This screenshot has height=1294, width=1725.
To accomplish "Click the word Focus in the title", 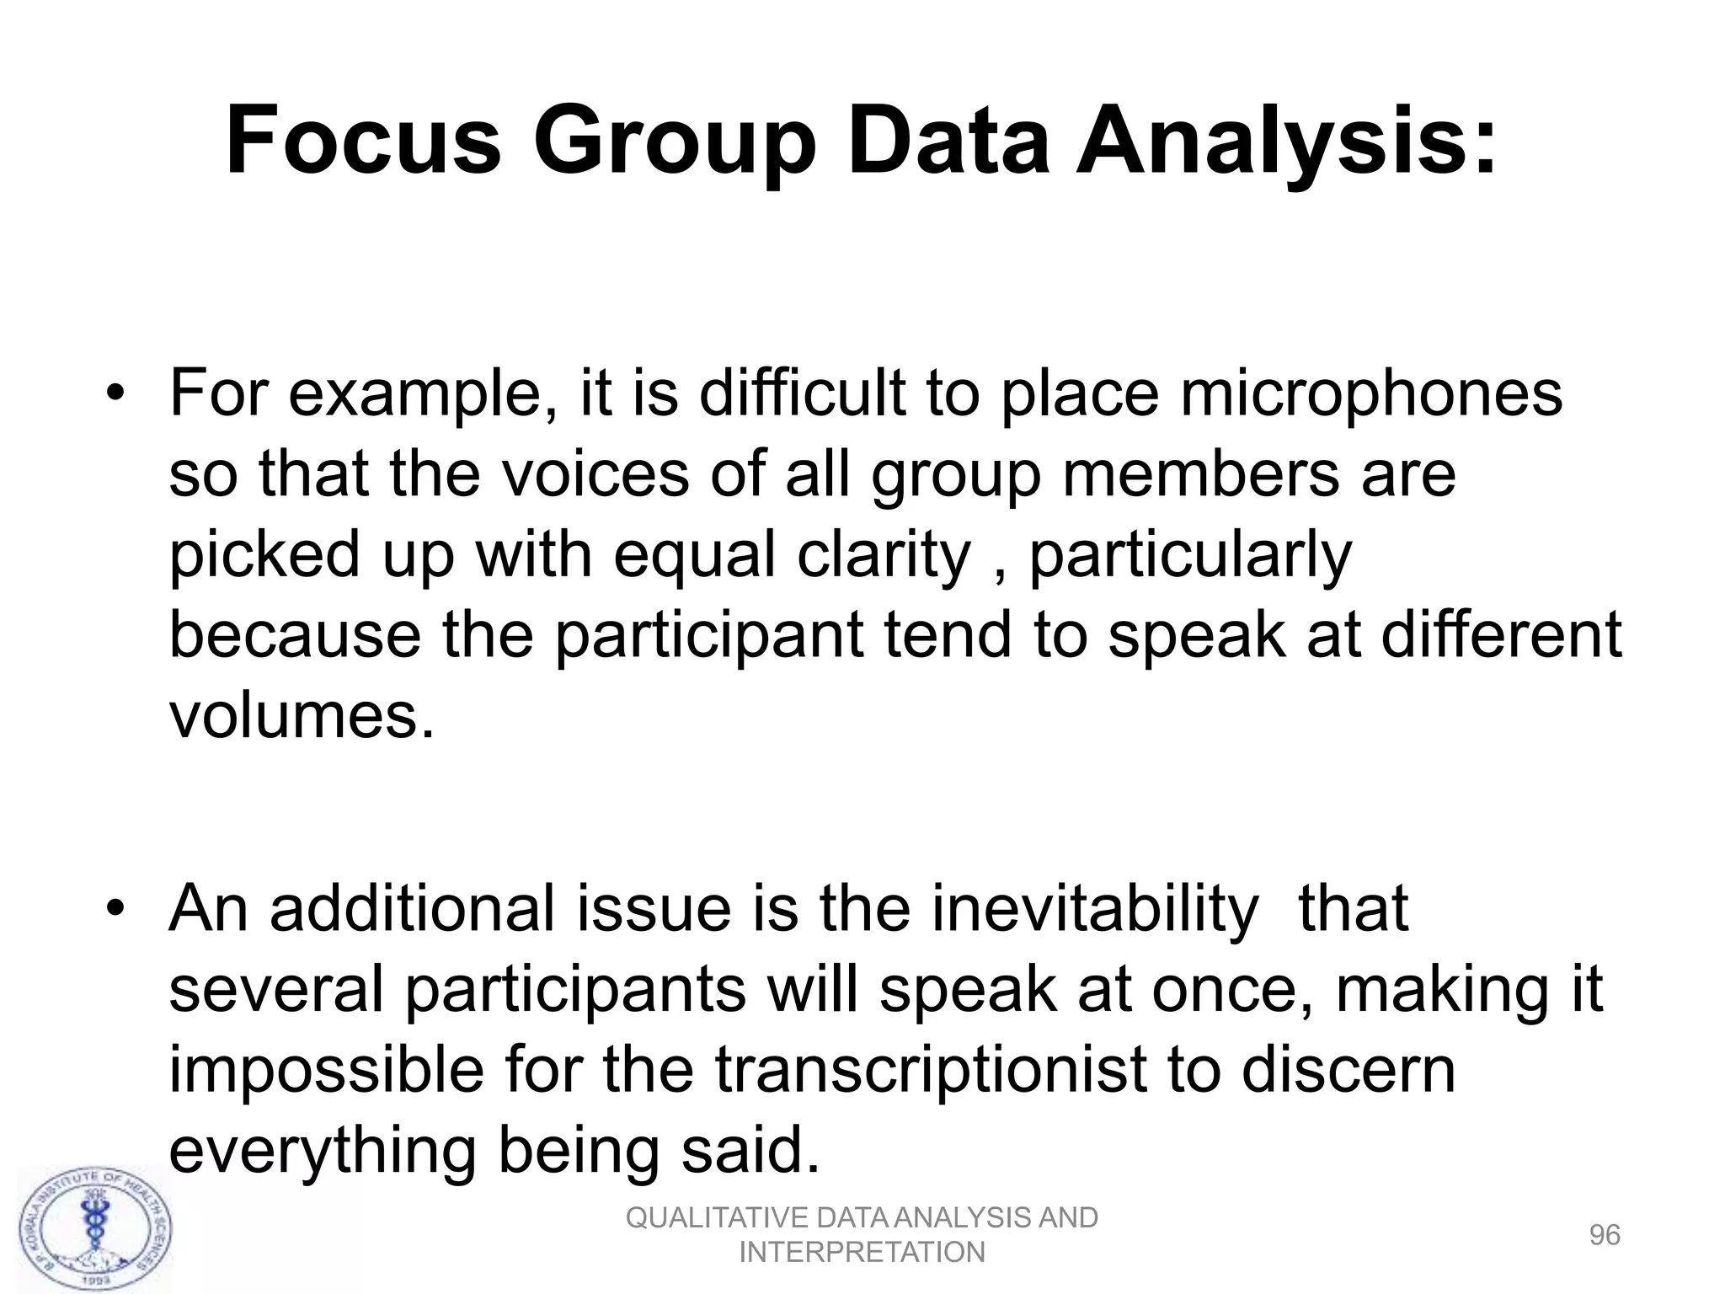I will click(x=363, y=140).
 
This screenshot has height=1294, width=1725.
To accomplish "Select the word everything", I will click(x=323, y=1152).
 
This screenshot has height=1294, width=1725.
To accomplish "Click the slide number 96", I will click(x=1605, y=1235).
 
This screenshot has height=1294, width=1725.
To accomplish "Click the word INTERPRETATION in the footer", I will click(x=862, y=1253).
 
